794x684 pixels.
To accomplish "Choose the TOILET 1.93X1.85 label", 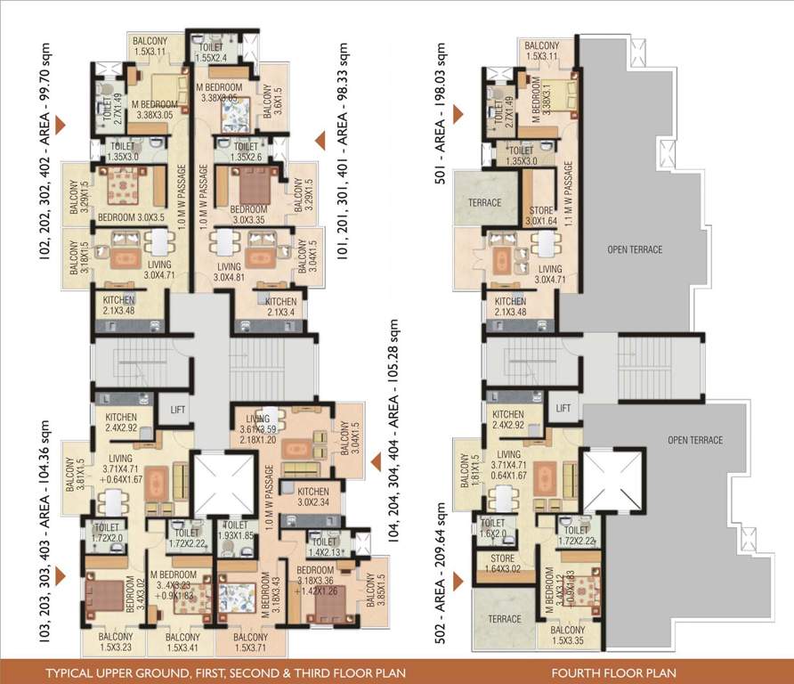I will pyautogui.click(x=235, y=529).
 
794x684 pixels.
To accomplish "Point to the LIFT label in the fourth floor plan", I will pyautogui.click(x=563, y=408).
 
